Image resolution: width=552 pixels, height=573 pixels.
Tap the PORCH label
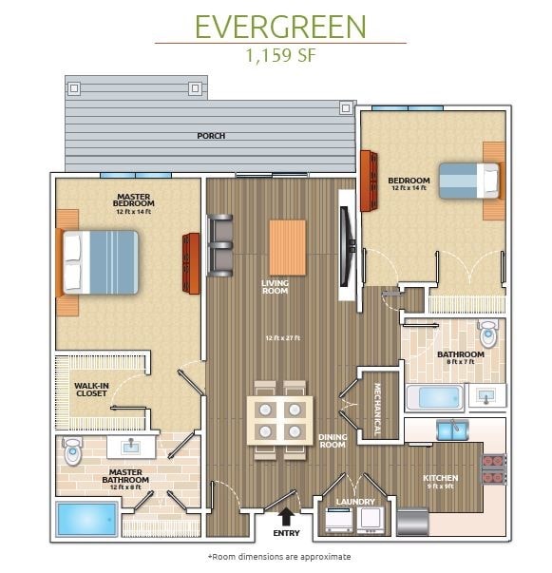click(x=211, y=136)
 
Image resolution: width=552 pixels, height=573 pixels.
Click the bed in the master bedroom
click(x=101, y=261)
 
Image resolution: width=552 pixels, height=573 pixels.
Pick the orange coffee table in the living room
click(x=287, y=247)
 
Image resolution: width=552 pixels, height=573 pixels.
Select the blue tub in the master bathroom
click(x=86, y=519)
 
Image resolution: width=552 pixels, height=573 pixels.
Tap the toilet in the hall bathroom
click(x=488, y=334)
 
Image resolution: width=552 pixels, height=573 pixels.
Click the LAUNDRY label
click(x=354, y=502)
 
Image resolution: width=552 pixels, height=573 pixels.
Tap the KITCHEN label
click(x=441, y=478)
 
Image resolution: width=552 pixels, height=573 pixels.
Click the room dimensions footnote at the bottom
click(x=278, y=557)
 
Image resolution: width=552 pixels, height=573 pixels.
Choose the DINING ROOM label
click(x=332, y=439)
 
